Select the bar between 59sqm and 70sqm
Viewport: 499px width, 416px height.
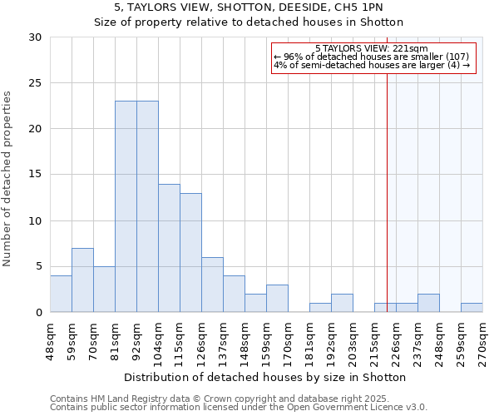point(82,280)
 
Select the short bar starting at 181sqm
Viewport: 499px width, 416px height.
point(320,308)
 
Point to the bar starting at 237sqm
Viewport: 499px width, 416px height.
point(428,303)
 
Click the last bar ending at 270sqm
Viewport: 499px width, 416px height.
point(472,308)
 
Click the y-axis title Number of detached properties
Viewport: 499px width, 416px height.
point(7,179)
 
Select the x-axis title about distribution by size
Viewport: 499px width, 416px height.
point(266,377)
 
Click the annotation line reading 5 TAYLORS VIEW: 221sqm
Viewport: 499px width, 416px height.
point(372,49)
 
